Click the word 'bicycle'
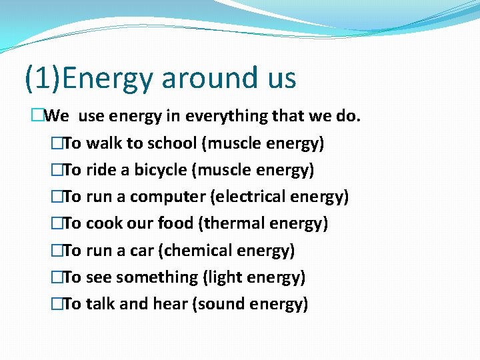pos(161,170)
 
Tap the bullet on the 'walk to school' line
pos(55,143)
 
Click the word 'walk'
pos(101,143)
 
